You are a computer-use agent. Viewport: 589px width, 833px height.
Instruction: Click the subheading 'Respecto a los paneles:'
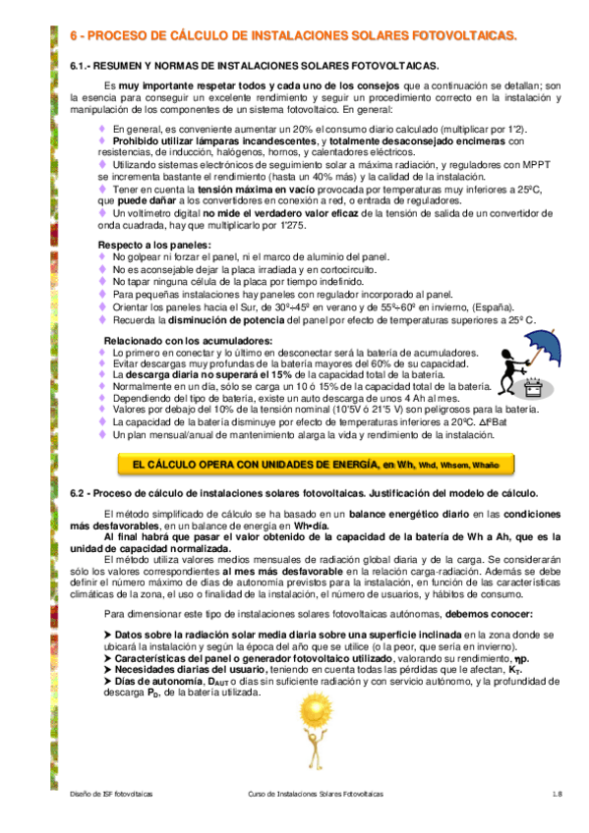point(154,244)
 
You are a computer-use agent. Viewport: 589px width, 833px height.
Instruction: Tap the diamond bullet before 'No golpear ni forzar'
point(102,256)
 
